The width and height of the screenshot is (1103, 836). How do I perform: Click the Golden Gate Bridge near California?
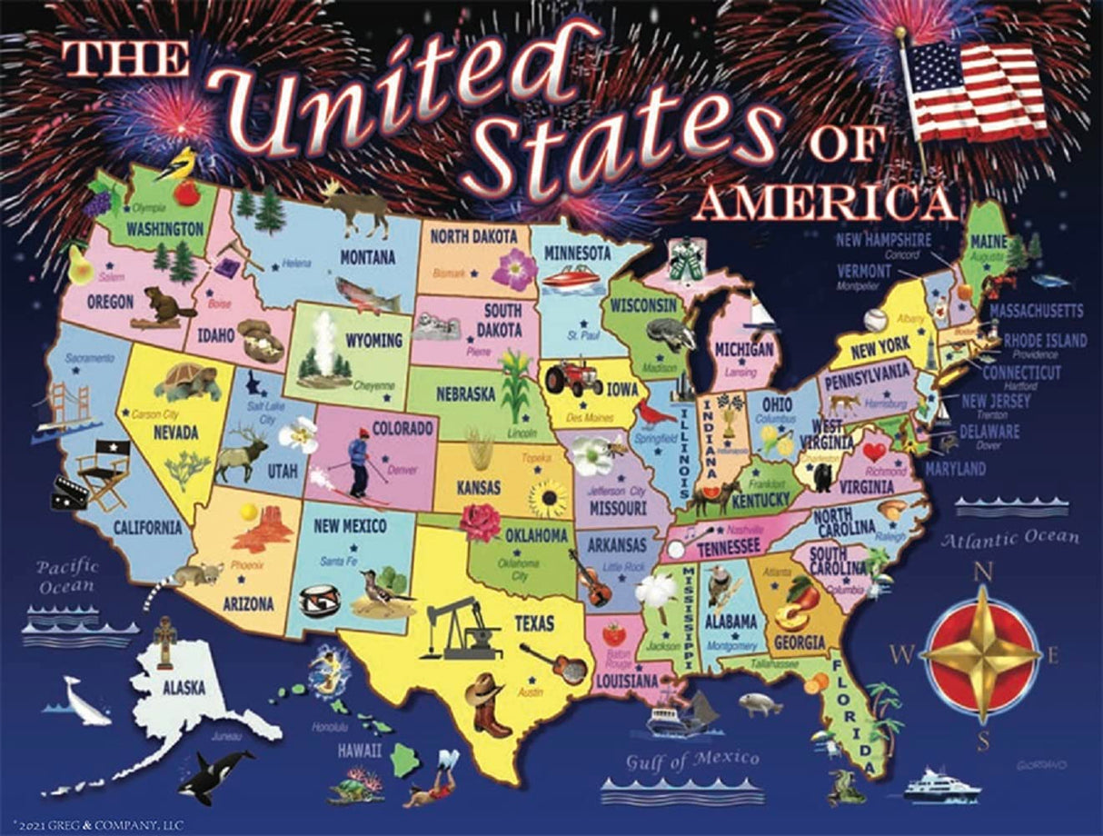coord(65,409)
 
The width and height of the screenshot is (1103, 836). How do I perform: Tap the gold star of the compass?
coord(982,652)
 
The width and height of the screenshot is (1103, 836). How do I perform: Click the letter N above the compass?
coord(982,572)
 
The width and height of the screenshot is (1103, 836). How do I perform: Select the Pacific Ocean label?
coord(68,576)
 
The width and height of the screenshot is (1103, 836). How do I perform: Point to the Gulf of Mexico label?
coord(691,760)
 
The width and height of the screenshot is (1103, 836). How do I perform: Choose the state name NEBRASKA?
coord(465,393)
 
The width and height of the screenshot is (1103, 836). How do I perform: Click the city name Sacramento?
coord(89,358)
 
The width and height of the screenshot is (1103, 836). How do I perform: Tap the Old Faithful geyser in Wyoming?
coord(325,351)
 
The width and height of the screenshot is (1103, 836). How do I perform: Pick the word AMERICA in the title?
coord(825,205)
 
